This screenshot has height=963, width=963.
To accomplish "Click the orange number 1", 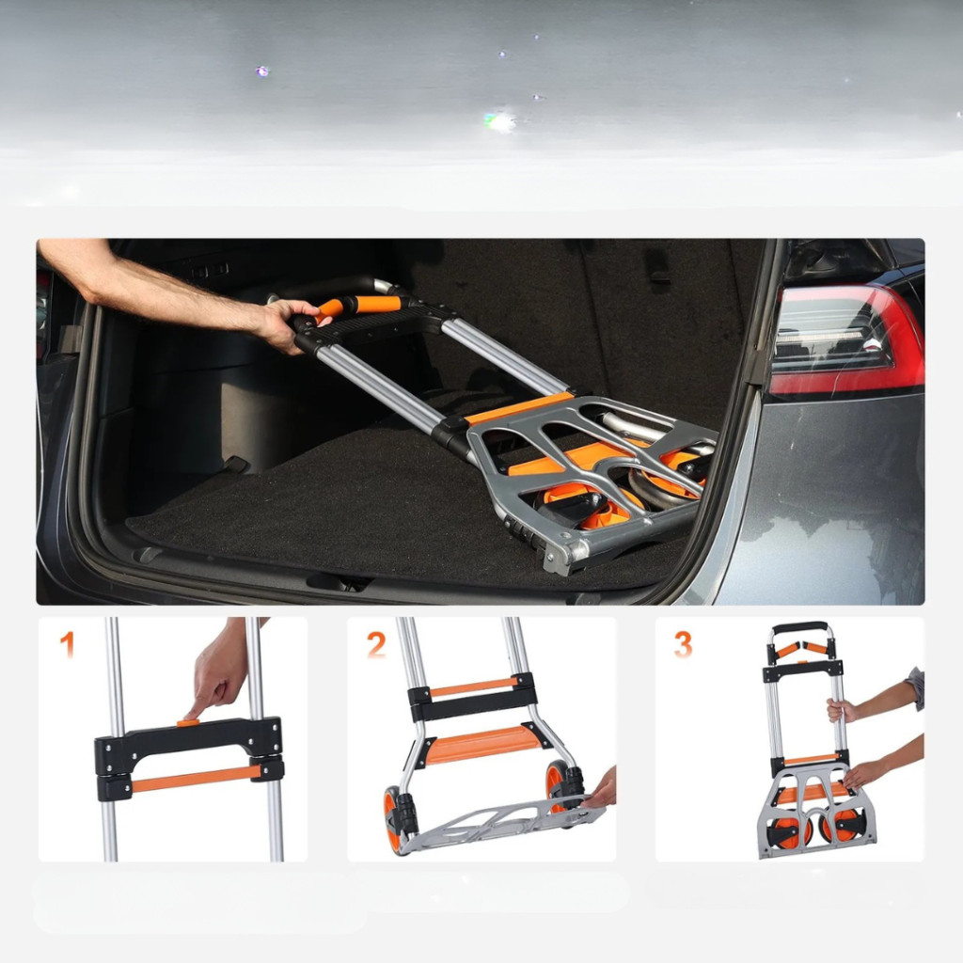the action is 67,645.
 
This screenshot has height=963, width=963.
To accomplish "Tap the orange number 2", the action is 376,645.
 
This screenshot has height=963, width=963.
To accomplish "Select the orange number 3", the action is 683,645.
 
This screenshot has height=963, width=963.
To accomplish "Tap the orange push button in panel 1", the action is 189,722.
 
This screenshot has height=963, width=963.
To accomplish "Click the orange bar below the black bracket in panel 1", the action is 196,778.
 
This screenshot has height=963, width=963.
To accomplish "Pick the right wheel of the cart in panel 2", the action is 560,786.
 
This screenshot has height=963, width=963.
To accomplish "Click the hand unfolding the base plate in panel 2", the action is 600,789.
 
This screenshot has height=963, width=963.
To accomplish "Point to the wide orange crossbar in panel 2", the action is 482,745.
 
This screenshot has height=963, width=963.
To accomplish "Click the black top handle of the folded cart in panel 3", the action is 800,627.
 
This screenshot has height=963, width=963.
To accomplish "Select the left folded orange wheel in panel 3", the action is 791,831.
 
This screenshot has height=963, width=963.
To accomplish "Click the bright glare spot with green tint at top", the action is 499,122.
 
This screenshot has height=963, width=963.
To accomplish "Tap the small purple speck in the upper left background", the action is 262,71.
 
